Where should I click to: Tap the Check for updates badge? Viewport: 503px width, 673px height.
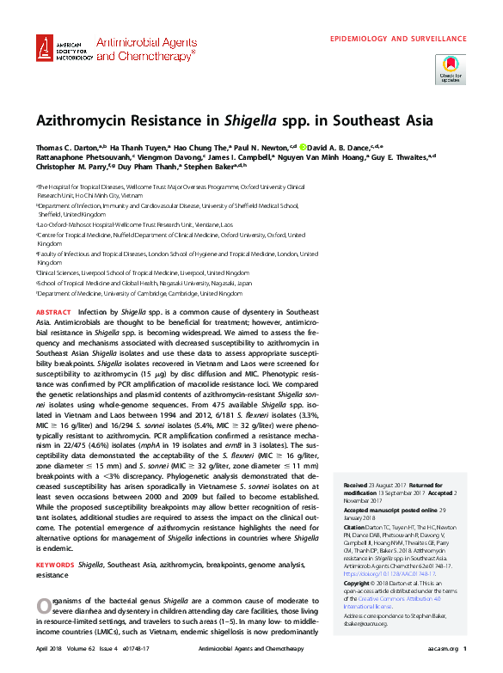point(450,69)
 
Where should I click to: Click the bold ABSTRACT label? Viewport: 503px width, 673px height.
point(53,311)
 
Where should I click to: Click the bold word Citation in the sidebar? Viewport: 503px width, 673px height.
point(355,526)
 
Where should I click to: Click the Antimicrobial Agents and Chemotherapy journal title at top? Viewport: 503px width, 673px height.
point(144,47)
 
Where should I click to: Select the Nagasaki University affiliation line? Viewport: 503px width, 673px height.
point(144,282)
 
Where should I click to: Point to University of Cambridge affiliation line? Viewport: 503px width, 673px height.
point(139,293)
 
